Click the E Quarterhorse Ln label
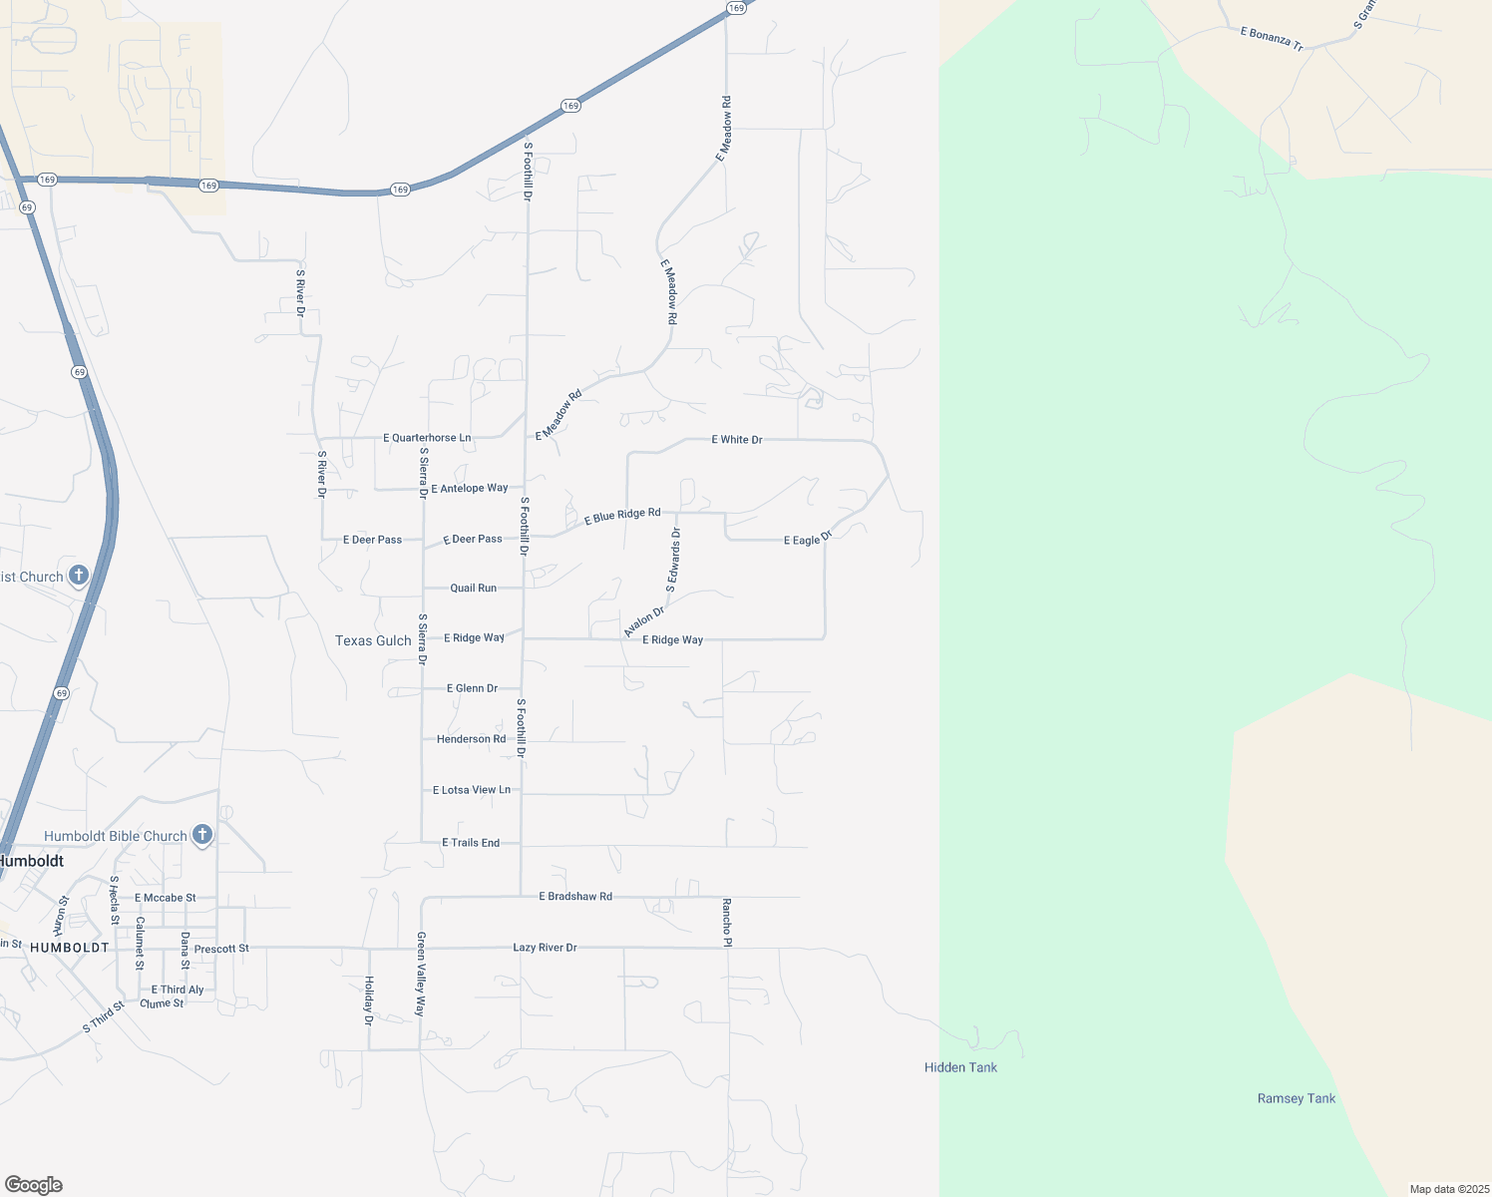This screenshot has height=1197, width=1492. tap(427, 438)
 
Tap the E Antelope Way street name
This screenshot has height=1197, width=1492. tap(470, 488)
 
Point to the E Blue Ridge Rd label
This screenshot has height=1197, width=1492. tap(622, 516)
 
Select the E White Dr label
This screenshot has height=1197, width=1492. tap(736, 439)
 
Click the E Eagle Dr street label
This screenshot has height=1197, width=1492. tap(808, 539)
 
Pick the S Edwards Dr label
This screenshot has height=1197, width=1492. tap(673, 560)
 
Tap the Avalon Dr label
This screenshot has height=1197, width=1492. tap(643, 621)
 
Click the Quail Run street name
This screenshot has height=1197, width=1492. tap(473, 589)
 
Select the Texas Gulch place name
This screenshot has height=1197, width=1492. tap(373, 640)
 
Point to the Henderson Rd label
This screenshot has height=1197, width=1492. tap(471, 739)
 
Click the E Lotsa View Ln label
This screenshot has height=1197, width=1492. tap(471, 790)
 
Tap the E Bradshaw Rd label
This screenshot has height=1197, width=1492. tap(575, 897)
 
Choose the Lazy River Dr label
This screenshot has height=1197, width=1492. tap(545, 948)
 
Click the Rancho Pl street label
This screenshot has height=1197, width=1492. tap(727, 923)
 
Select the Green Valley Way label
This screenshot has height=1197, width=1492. tap(421, 974)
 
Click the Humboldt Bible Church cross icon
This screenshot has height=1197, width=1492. tap(202, 834)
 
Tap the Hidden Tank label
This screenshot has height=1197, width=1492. tap(960, 1067)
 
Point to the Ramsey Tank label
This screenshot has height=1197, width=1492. tap(1296, 1098)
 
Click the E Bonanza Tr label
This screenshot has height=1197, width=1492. tap(1272, 38)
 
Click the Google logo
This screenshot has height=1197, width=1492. tap(34, 1184)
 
